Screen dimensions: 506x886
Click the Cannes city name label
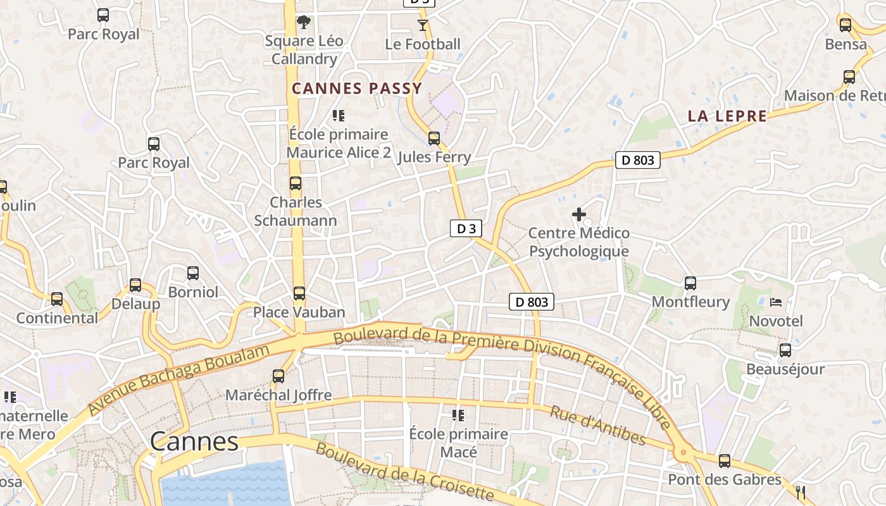(x=194, y=441)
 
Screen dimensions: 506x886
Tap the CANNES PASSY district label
(x=357, y=89)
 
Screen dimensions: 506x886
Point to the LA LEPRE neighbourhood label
(x=727, y=116)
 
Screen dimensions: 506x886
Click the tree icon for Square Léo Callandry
(x=304, y=22)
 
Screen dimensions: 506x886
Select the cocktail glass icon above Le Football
(x=423, y=25)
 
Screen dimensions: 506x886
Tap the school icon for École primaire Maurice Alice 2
(x=339, y=116)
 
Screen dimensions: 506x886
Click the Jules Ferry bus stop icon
(x=434, y=138)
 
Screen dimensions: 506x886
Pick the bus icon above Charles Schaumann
(x=296, y=183)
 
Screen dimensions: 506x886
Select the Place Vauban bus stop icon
(x=299, y=293)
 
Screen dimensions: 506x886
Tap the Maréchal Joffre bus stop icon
(x=278, y=376)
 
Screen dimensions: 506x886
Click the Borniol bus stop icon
(x=193, y=273)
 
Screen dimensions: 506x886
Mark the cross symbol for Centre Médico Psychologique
(x=579, y=214)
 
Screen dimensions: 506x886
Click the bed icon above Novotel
(x=776, y=302)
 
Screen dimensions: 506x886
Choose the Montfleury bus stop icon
(x=690, y=283)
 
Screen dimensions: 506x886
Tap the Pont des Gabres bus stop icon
(x=725, y=461)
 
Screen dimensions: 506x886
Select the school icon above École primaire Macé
(x=458, y=416)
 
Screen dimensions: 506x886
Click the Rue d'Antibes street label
(x=597, y=426)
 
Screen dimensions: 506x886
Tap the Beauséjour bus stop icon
(x=785, y=350)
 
